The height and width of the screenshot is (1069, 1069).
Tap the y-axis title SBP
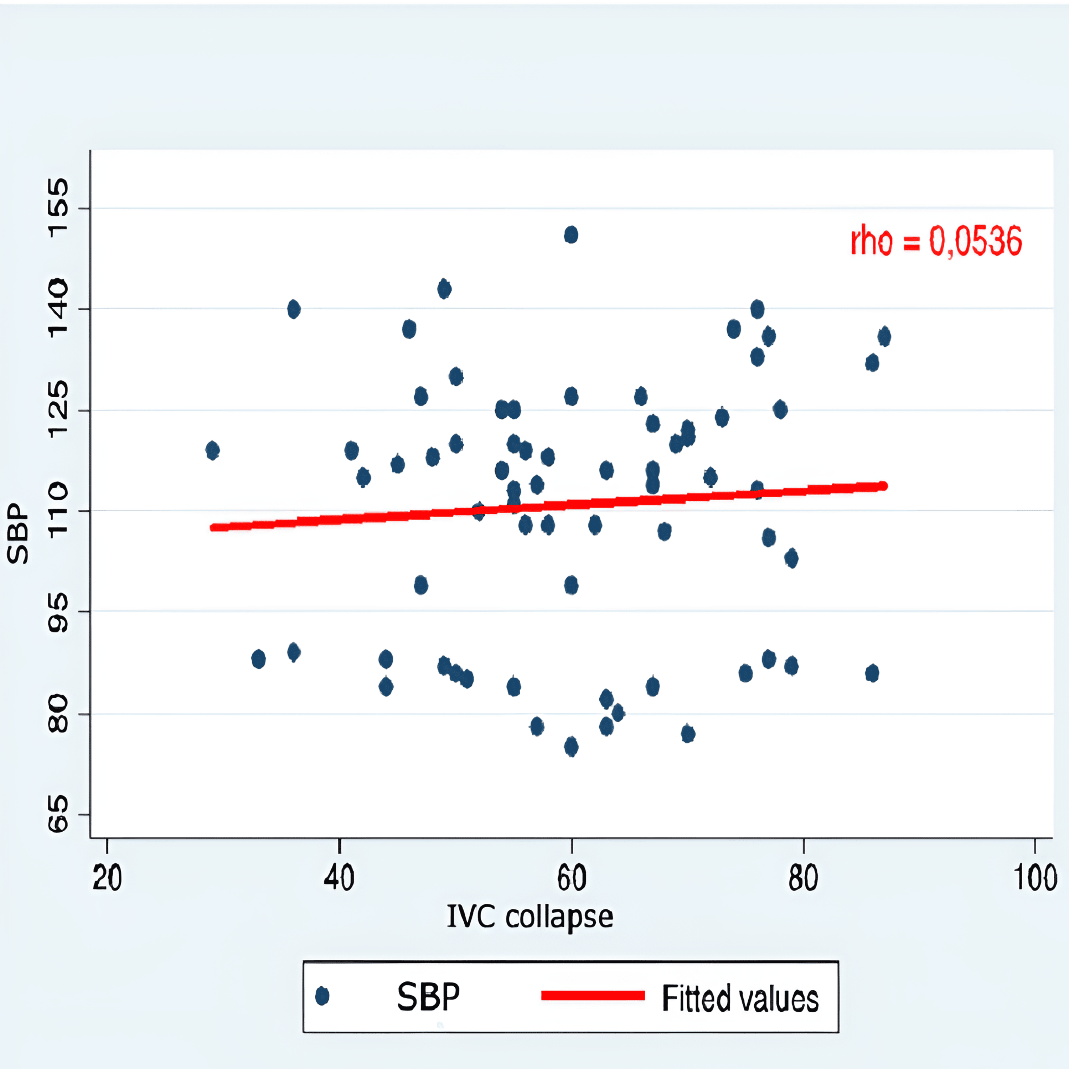pos(18,533)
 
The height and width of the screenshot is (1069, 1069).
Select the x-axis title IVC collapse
pos(530,917)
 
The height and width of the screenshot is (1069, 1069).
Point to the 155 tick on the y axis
pos(58,208)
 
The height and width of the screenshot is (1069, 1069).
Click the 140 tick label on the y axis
pos(58,309)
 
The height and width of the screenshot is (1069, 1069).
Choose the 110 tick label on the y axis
pos(58,510)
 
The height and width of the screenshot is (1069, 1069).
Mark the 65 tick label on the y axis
pos(58,815)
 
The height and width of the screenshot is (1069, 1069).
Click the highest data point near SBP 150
pos(571,234)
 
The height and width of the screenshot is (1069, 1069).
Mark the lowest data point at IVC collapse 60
pos(571,747)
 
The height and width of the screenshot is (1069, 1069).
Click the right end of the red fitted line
pos(883,486)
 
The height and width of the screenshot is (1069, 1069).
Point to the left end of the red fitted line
pos(213,527)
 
